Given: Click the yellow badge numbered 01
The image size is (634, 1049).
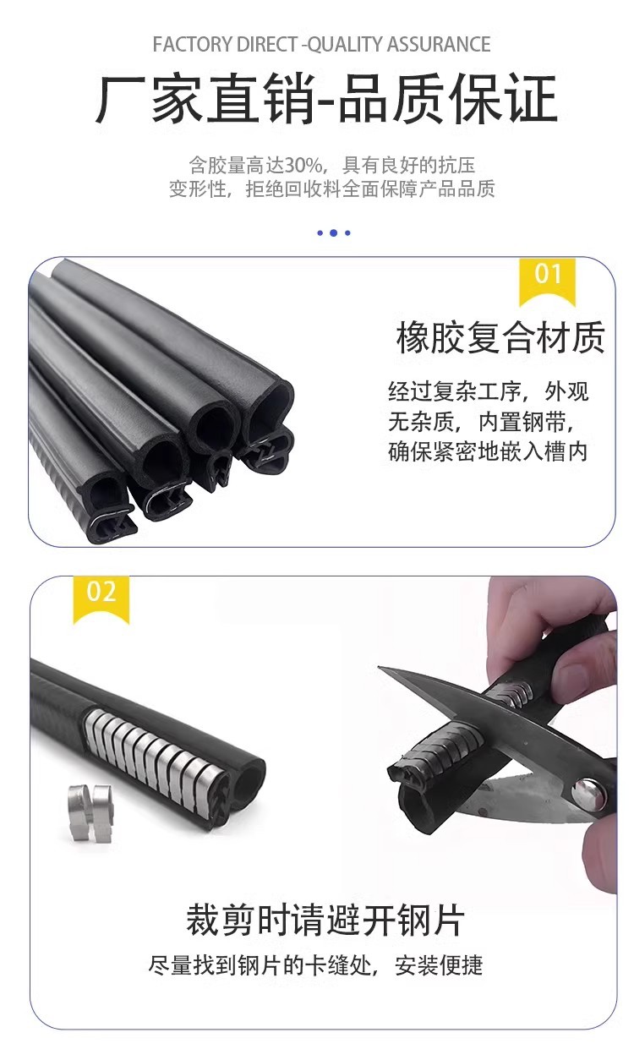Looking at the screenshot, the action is [x=547, y=281].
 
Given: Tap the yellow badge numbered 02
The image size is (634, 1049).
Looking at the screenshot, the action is [x=101, y=599].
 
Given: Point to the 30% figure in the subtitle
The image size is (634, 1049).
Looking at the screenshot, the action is [x=303, y=165].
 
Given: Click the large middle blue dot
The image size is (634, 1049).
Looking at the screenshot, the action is [x=333, y=232].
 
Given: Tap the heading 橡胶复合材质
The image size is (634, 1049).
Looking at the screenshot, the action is [x=500, y=337].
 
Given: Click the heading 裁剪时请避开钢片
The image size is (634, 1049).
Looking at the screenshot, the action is [x=325, y=921].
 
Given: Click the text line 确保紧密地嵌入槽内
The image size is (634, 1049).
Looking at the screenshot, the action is [x=488, y=452].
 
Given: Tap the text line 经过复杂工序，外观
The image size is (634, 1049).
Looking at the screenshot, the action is [x=489, y=391].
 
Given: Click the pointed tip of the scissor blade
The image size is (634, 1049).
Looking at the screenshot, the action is [x=380, y=667].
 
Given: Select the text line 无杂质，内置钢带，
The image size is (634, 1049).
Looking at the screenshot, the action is [x=481, y=422].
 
